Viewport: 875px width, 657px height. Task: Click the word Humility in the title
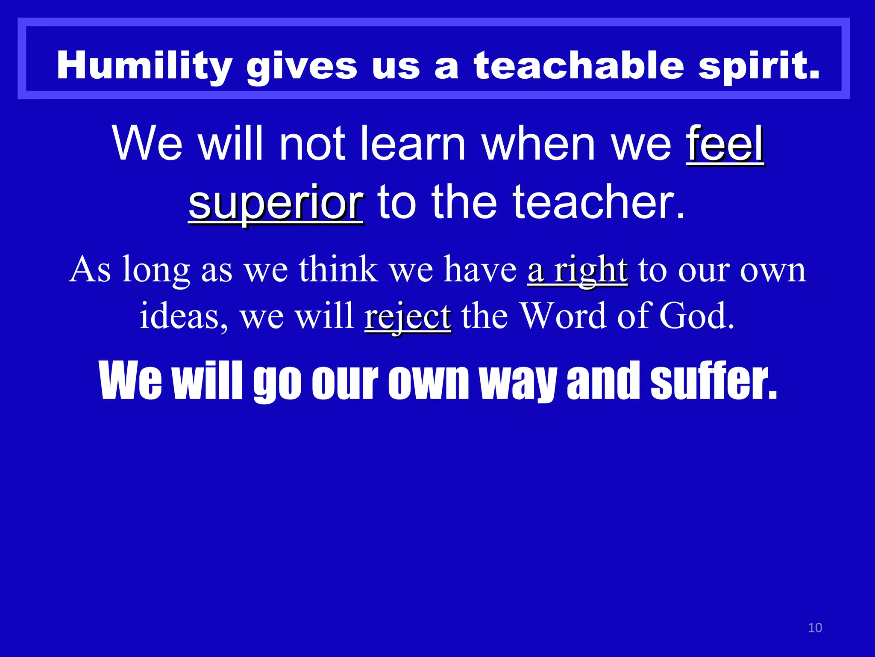pos(144,65)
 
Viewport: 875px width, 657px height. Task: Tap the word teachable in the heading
pos(579,65)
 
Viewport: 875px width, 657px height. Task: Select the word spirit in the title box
pos(758,65)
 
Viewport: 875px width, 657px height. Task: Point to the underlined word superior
pos(276,202)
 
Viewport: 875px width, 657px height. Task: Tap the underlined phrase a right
pos(578,270)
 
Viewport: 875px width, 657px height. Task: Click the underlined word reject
pos(408,317)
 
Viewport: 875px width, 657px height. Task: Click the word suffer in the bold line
pos(714,380)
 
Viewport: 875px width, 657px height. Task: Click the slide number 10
pos(815,627)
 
